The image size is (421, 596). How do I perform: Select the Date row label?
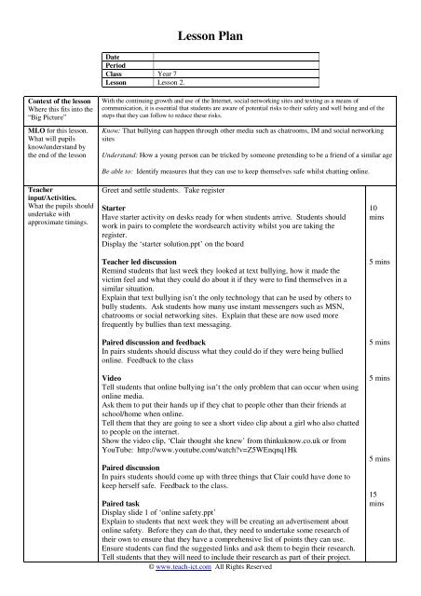pos(116,57)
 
